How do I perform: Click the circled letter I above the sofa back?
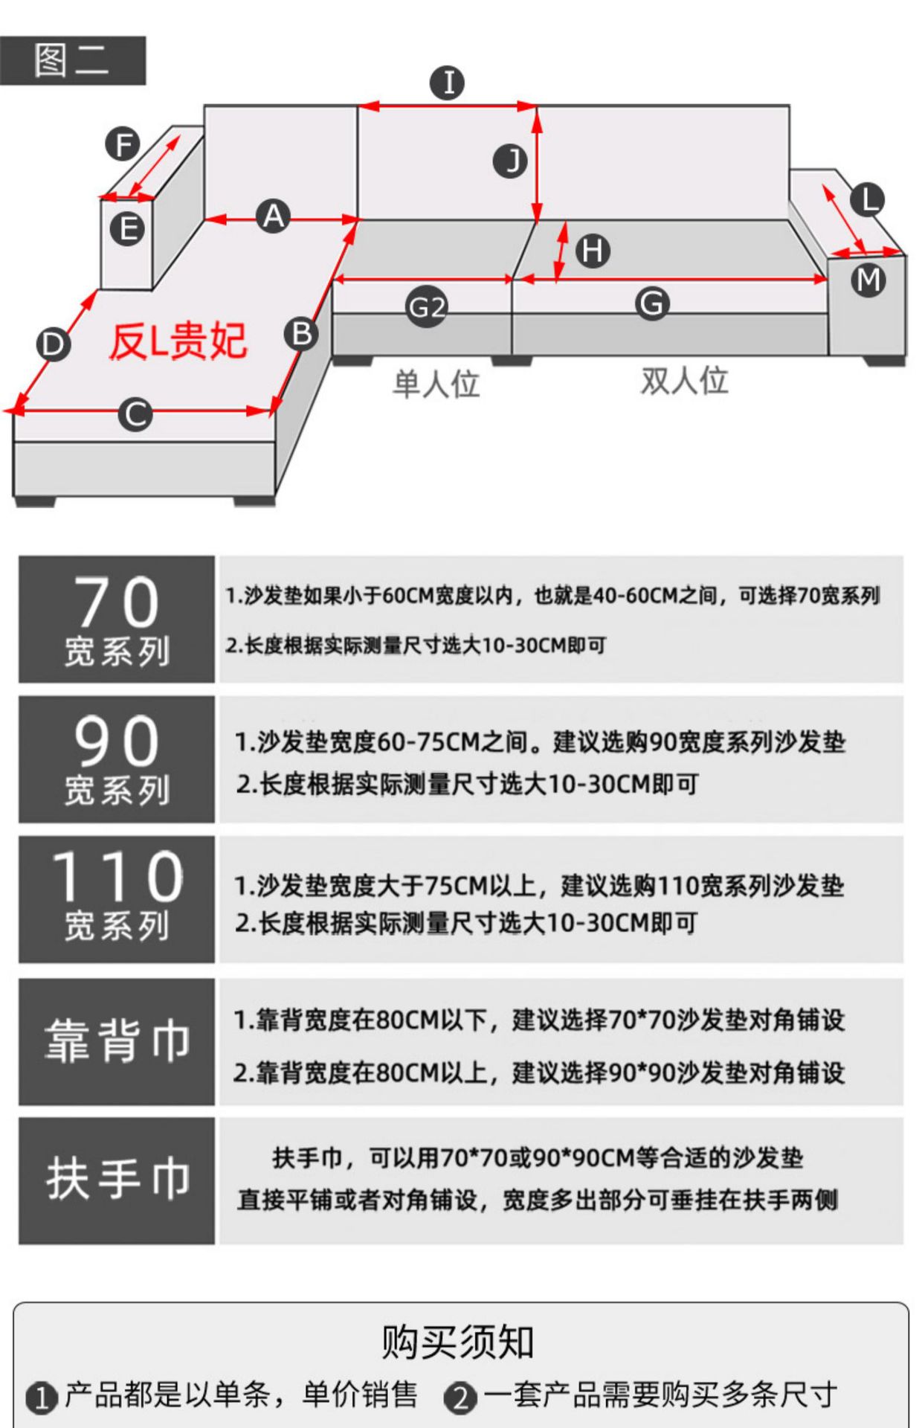pyautogui.click(x=448, y=83)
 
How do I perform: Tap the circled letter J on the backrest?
pyautogui.click(x=511, y=161)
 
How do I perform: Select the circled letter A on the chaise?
pyautogui.click(x=274, y=216)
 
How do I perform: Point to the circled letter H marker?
pyautogui.click(x=593, y=251)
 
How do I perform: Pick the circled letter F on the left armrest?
pyautogui.click(x=123, y=144)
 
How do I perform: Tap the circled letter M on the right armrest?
pyautogui.click(x=868, y=280)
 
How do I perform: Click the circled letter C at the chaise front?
pyautogui.click(x=135, y=414)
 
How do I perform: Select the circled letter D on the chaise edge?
pyautogui.click(x=54, y=345)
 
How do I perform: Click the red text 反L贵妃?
pyautogui.click(x=178, y=341)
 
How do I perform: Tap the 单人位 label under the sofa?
pyautogui.click(x=436, y=384)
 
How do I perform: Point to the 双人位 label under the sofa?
pyautogui.click(x=685, y=381)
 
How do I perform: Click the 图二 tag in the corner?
pyautogui.click(x=72, y=60)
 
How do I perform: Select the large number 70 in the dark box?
pyautogui.click(x=117, y=602)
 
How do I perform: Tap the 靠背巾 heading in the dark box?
pyautogui.click(x=117, y=1041)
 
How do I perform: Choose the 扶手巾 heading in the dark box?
pyautogui.click(x=117, y=1179)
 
